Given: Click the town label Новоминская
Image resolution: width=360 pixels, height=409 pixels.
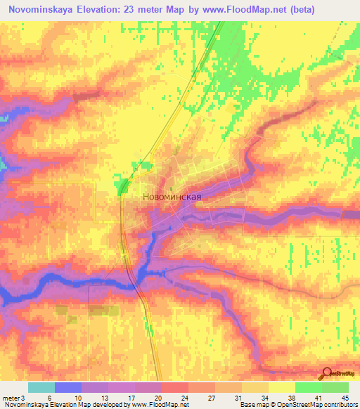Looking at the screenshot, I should tap(172, 197).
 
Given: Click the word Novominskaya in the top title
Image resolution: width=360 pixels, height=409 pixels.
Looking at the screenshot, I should tap(44, 10).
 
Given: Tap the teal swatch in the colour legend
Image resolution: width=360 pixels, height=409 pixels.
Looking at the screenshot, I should tap(41, 387).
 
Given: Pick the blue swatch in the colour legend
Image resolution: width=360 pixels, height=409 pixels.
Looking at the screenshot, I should tap(68, 387).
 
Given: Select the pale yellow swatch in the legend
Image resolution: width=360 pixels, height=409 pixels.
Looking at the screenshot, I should tap(281, 387).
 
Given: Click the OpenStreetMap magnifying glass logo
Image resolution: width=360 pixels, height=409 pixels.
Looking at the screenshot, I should tap(326, 374).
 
